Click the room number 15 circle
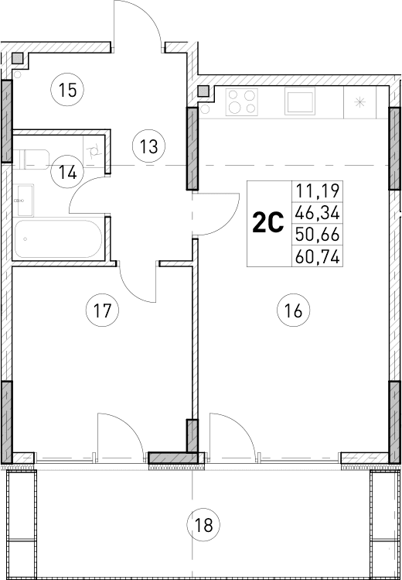click(x=68, y=91)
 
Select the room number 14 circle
click(x=68, y=172)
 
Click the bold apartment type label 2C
click(x=268, y=224)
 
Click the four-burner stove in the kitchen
click(x=244, y=101)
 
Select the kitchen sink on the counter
click(x=298, y=101)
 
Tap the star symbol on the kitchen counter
click(x=359, y=101)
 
